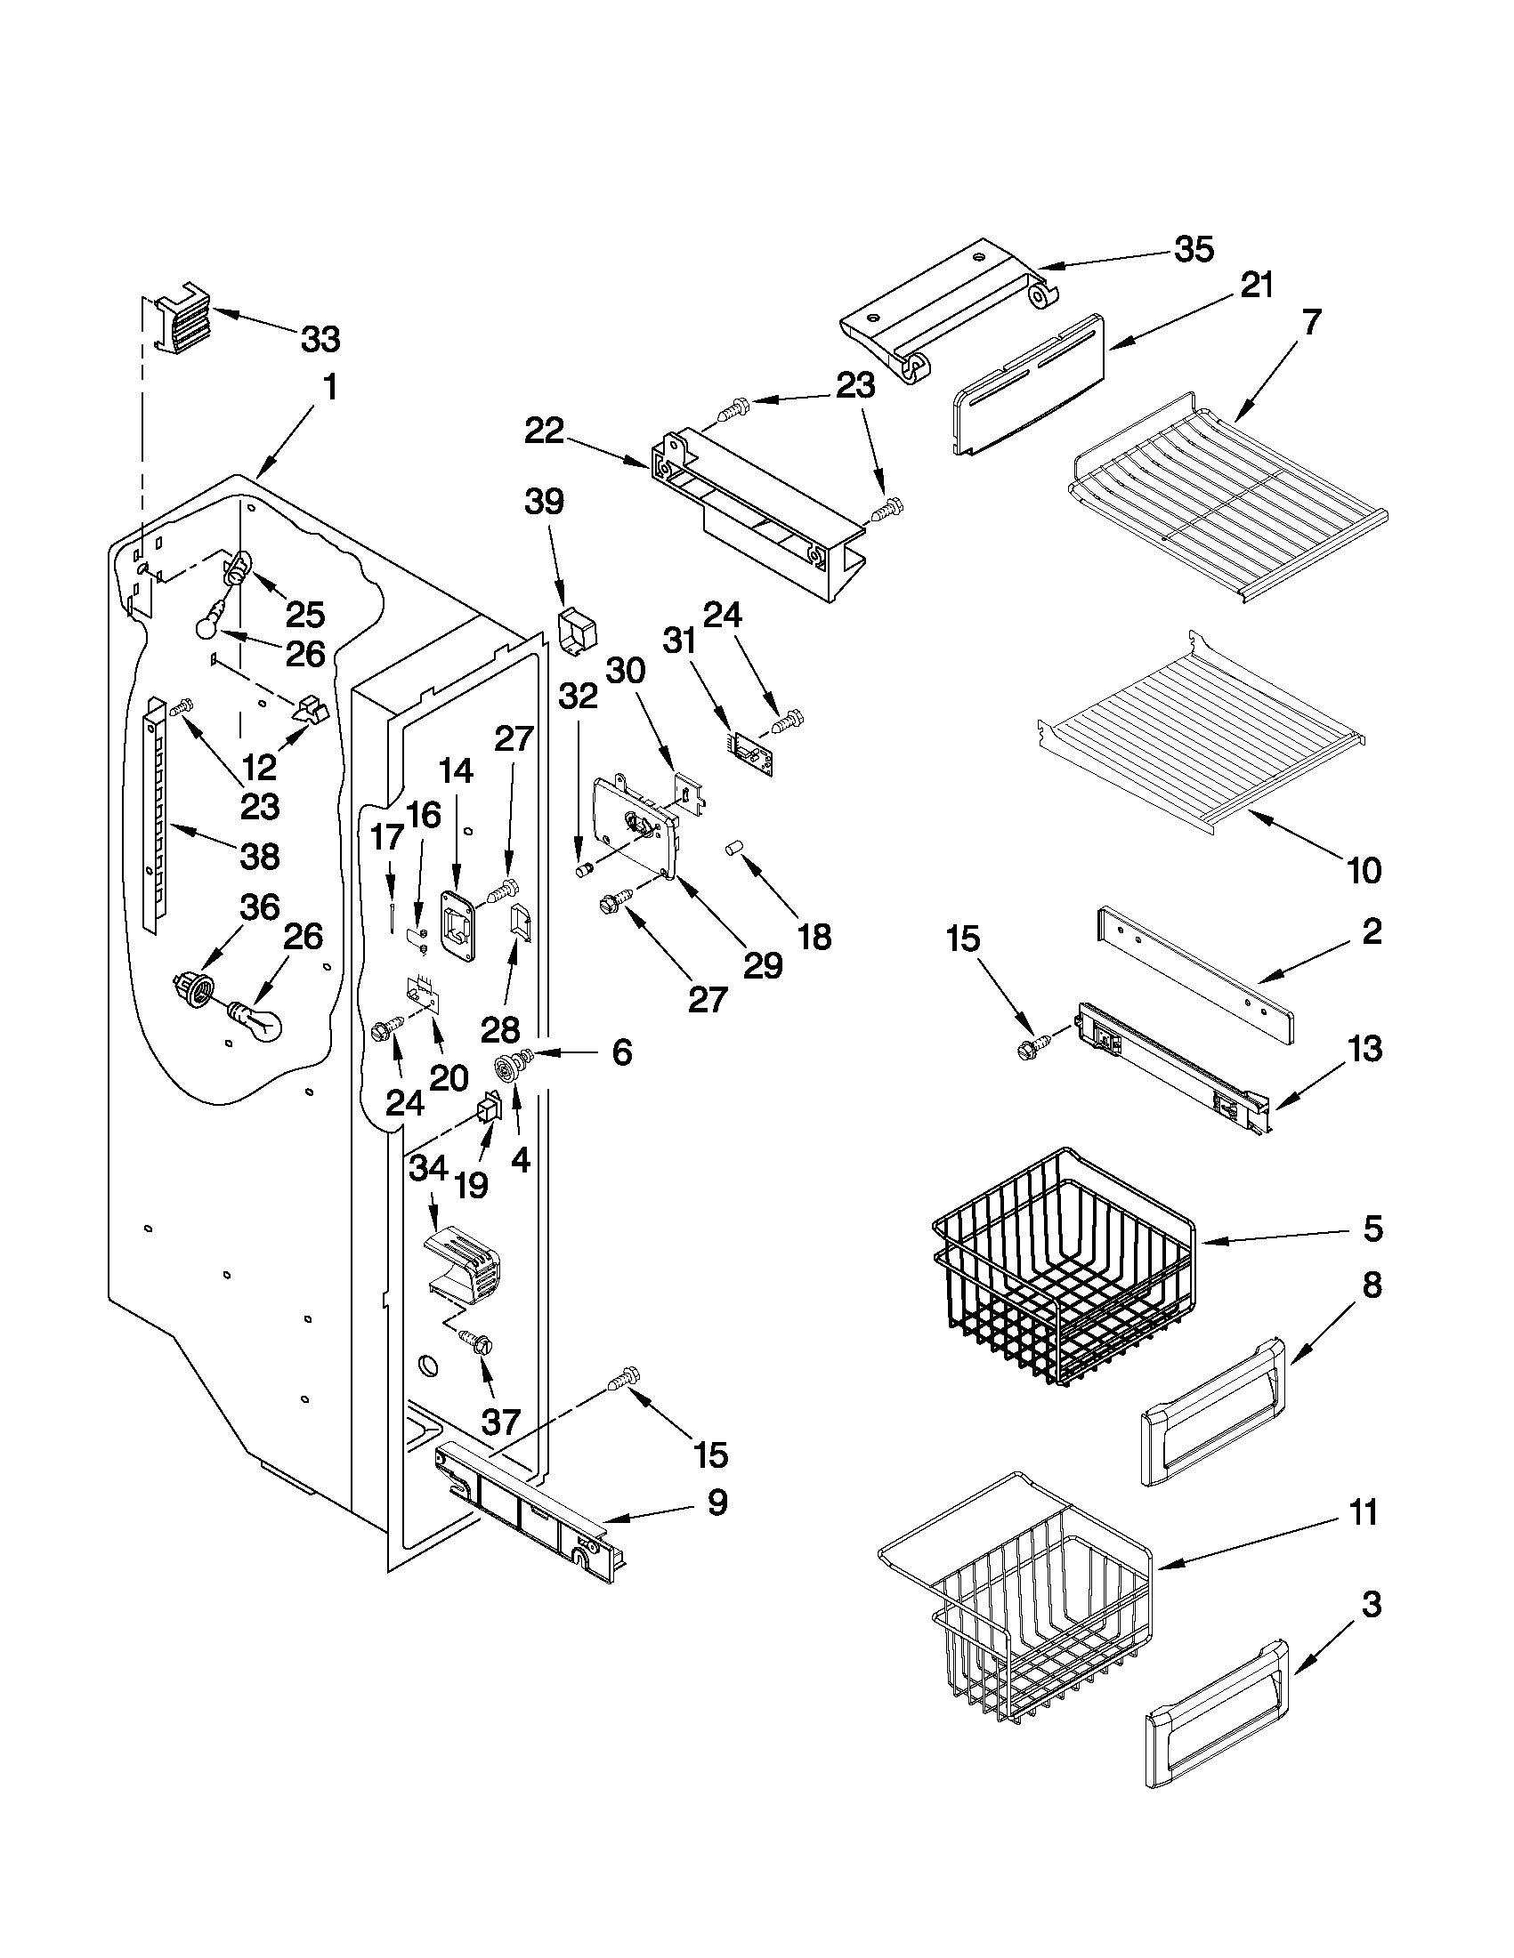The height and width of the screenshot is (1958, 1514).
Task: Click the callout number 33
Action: [x=320, y=340]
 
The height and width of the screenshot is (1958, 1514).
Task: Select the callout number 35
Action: [x=1194, y=250]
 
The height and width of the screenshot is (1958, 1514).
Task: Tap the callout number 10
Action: [x=1364, y=870]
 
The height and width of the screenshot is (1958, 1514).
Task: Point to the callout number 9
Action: [x=717, y=1503]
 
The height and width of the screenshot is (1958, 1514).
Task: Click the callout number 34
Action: [x=428, y=1169]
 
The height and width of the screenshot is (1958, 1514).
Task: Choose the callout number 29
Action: [x=763, y=964]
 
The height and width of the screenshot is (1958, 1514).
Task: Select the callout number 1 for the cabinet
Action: [x=329, y=388]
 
